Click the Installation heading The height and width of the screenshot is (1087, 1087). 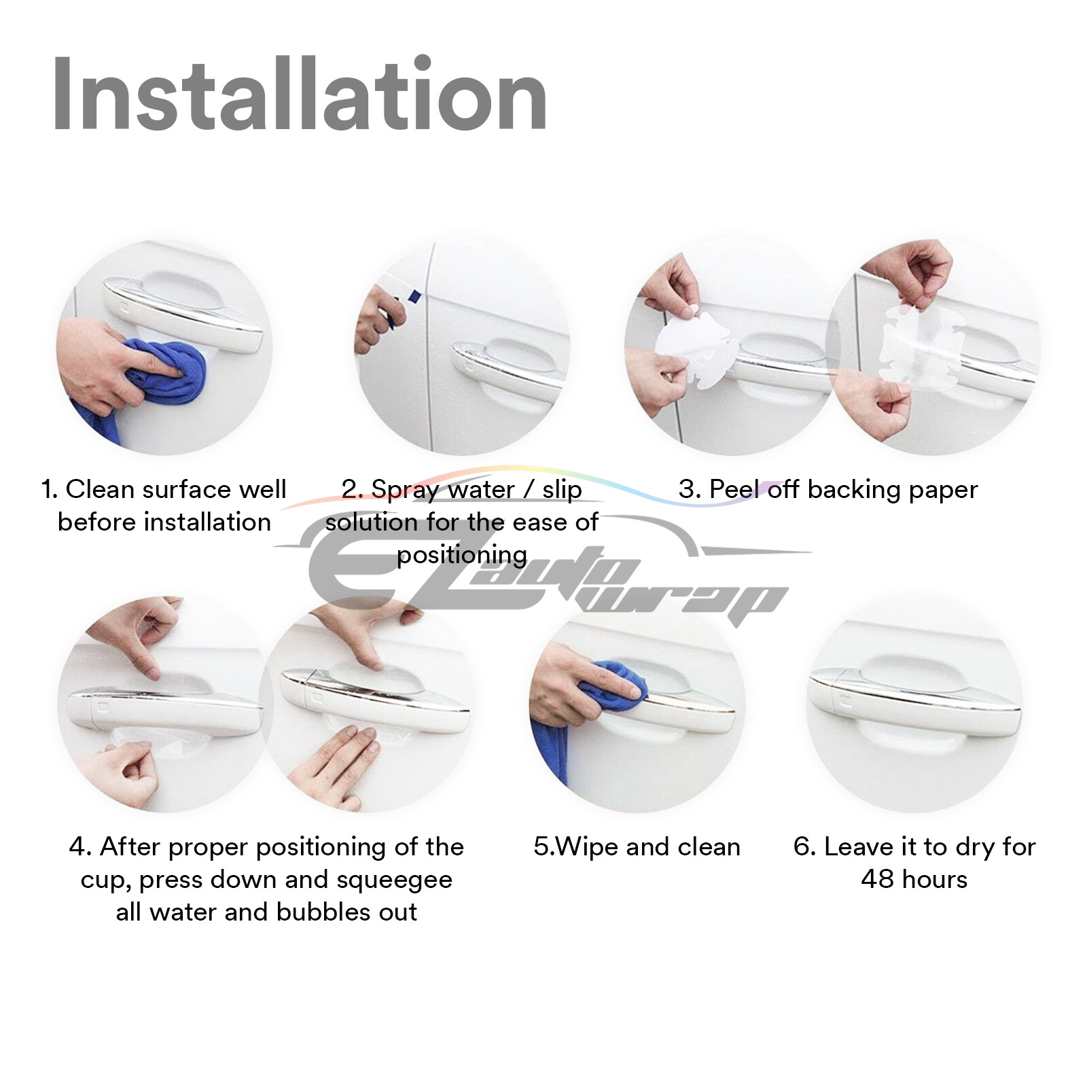coord(300,94)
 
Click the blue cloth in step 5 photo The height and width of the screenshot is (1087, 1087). coord(584,713)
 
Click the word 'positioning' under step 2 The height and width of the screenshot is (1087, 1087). coord(462,556)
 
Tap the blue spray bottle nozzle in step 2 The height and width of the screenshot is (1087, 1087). coord(414,296)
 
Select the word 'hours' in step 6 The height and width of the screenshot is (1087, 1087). coord(934,879)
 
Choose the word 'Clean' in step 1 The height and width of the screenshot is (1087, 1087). coord(101,489)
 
